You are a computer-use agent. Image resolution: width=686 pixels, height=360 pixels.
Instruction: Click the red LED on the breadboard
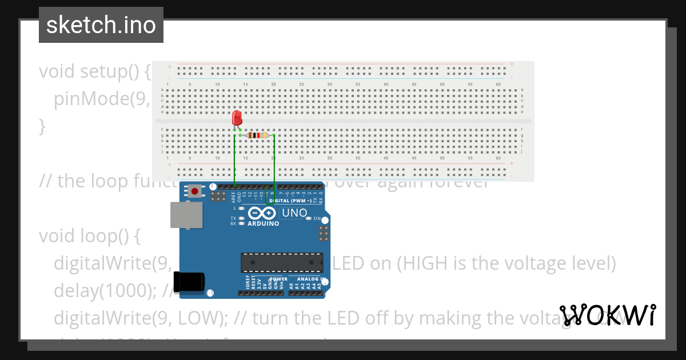(x=237, y=118)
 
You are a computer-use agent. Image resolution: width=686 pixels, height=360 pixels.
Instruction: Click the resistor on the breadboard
(x=257, y=135)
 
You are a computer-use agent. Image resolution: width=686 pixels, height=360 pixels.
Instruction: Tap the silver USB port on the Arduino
(x=187, y=215)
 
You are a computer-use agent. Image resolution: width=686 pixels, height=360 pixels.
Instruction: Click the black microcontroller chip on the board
(x=282, y=262)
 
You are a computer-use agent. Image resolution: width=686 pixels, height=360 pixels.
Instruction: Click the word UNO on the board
(x=294, y=213)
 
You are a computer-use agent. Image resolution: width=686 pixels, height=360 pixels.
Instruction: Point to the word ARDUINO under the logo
(x=263, y=223)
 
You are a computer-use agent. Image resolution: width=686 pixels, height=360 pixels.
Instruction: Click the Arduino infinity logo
(x=262, y=213)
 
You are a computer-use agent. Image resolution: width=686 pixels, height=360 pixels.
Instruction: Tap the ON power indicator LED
(x=309, y=219)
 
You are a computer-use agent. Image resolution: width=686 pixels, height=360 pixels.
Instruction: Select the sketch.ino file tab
(x=101, y=25)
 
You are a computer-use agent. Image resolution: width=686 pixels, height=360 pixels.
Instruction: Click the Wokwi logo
(x=608, y=315)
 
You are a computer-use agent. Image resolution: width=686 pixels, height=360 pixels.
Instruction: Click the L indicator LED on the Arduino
(x=242, y=208)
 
